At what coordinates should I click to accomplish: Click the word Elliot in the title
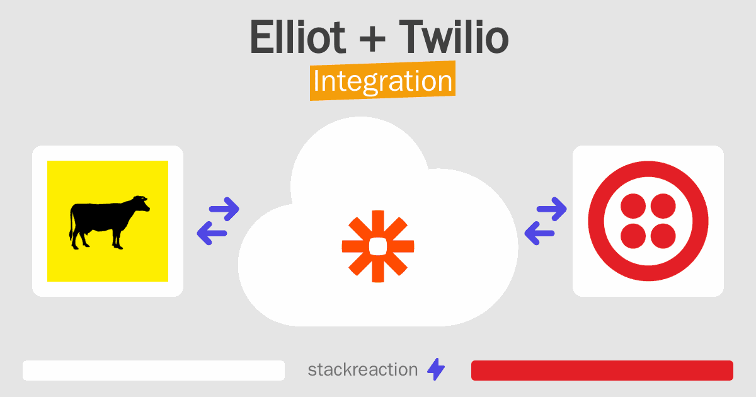pyautogui.click(x=297, y=37)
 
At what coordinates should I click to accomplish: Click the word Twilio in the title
pyautogui.click(x=454, y=37)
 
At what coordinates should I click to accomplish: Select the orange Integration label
pyautogui.click(x=383, y=81)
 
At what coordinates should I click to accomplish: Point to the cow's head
pyautogui.click(x=141, y=203)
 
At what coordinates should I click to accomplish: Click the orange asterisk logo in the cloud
pyautogui.click(x=378, y=246)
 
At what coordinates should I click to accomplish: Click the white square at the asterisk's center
pyautogui.click(x=378, y=246)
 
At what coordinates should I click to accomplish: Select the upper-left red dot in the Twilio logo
pyautogui.click(x=633, y=206)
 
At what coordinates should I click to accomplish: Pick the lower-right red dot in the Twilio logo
pyautogui.click(x=663, y=236)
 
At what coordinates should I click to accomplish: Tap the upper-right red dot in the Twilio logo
pyautogui.click(x=663, y=206)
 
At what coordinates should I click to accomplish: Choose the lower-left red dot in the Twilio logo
pyautogui.click(x=633, y=236)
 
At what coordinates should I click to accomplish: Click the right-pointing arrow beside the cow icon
pyautogui.click(x=224, y=209)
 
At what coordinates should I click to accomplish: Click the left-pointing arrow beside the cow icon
pyautogui.click(x=212, y=233)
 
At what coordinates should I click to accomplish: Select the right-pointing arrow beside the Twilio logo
pyautogui.click(x=552, y=209)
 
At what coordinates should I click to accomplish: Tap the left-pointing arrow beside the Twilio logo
pyautogui.click(x=539, y=233)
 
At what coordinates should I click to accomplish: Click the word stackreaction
pyautogui.click(x=363, y=370)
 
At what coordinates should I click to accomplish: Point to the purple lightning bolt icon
pyautogui.click(x=436, y=369)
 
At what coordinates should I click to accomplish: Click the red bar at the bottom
pyautogui.click(x=602, y=371)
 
